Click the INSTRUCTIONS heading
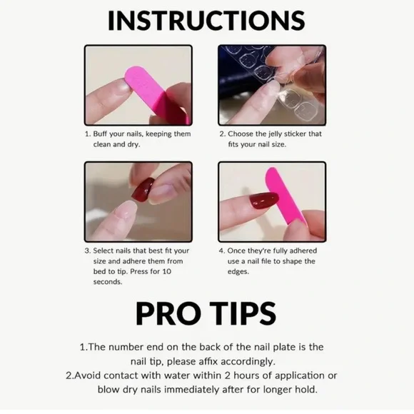(x=206, y=21)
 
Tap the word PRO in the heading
(x=168, y=313)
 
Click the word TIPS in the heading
(x=241, y=313)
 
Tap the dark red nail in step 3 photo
(x=143, y=190)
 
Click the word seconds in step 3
(x=108, y=282)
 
